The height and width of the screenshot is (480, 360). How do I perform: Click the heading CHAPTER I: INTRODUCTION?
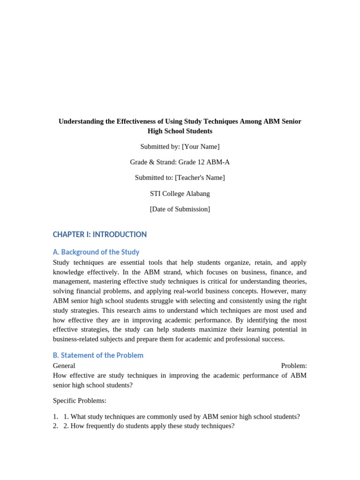(x=100, y=234)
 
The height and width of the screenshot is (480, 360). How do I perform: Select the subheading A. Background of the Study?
(x=96, y=252)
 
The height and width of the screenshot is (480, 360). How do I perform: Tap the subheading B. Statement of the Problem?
(x=98, y=355)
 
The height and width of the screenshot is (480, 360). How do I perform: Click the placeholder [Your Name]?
(x=201, y=147)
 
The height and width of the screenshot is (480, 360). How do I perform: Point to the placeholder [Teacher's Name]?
(x=200, y=178)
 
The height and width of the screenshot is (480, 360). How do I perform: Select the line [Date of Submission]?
(x=180, y=209)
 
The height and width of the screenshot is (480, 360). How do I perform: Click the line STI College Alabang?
(x=180, y=194)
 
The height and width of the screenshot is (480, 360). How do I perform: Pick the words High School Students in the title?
(x=180, y=131)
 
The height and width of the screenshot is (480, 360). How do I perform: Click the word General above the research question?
(x=64, y=366)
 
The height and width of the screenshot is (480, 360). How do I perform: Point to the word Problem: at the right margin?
(x=294, y=366)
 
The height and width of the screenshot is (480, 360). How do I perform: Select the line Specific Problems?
(x=80, y=401)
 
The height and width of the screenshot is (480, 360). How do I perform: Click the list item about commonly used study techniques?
(x=181, y=416)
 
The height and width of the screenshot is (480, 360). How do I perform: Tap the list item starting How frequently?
(x=149, y=426)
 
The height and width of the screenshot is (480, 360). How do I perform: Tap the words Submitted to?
(x=154, y=178)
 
